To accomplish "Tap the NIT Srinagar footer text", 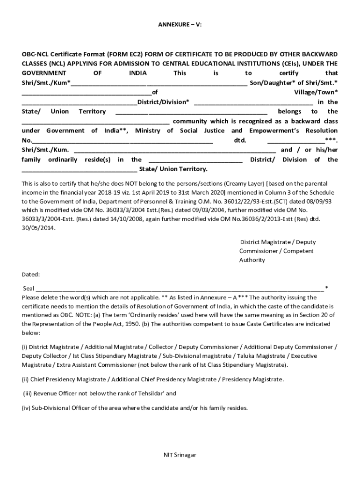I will pyautogui.click(x=180, y=455).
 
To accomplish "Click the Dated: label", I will pyautogui.click(x=31, y=275).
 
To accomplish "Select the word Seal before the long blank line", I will pyautogui.click(x=29, y=289).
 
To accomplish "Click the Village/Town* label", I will pyautogui.click(x=316, y=93).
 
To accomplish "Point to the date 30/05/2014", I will pyautogui.click(x=38, y=228).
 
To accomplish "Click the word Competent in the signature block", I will pyautogui.click(x=299, y=251).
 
